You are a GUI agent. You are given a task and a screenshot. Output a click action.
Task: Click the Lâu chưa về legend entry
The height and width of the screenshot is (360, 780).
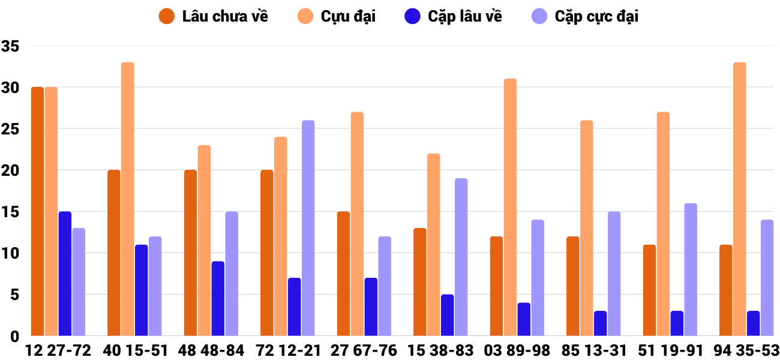point(213,16)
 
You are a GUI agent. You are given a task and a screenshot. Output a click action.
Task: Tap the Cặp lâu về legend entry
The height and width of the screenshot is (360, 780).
point(454,16)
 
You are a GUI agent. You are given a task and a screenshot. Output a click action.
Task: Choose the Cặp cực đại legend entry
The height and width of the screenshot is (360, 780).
point(585,16)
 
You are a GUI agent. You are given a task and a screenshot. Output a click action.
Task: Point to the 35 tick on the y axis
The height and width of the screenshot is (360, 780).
point(11,46)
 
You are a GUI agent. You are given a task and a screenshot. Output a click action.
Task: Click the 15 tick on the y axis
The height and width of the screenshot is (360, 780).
point(11,212)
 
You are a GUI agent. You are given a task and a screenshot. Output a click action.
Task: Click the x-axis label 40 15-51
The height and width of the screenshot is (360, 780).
point(135,350)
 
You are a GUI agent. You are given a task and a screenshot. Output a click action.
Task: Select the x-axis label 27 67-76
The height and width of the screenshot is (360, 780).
point(364,350)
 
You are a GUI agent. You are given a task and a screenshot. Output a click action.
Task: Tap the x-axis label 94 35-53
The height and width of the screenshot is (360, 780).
point(747,350)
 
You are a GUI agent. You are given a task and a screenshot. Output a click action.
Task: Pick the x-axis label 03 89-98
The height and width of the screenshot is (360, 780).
point(517,350)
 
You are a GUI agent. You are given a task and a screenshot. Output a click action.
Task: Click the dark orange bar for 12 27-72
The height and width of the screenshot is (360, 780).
point(37,211)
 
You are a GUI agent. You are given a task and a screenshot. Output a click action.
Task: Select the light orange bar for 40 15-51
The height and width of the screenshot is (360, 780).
point(128,199)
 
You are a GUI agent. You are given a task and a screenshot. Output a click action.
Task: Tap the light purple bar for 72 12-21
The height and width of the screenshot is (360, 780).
point(308,228)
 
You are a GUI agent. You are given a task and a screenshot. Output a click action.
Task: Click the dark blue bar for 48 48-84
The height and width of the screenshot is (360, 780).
point(218,299)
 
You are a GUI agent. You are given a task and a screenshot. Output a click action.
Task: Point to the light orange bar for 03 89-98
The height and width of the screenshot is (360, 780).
point(510,207)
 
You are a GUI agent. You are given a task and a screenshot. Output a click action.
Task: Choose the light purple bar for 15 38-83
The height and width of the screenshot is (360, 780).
point(461,257)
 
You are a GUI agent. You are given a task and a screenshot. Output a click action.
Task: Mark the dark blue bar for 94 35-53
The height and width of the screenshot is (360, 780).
point(754,323)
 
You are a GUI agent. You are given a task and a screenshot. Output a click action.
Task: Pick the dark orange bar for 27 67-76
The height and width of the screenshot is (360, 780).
point(343,274)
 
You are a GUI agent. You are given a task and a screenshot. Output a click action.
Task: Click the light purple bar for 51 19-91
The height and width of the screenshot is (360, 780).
point(691,269)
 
